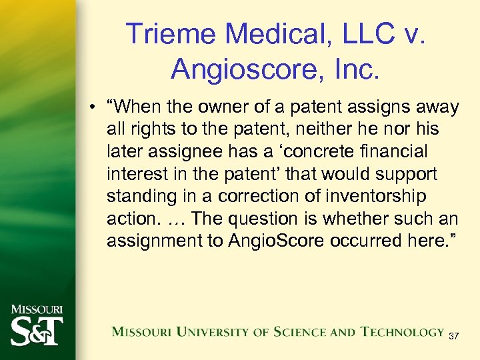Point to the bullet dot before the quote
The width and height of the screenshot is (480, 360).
[x=97, y=107]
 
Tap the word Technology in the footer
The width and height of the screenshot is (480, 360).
[x=402, y=332]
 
